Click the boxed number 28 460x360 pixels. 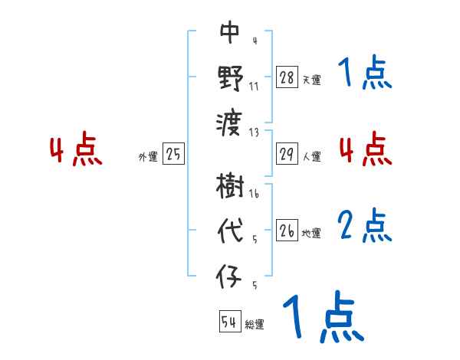tap(286, 77)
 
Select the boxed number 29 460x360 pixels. tap(286, 154)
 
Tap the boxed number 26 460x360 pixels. tap(286, 231)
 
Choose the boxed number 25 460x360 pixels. tap(173, 154)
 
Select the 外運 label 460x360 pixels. tap(148, 157)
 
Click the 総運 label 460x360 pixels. tap(254, 325)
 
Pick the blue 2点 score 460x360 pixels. tap(365, 227)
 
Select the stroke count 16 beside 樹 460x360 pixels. tap(254, 195)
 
